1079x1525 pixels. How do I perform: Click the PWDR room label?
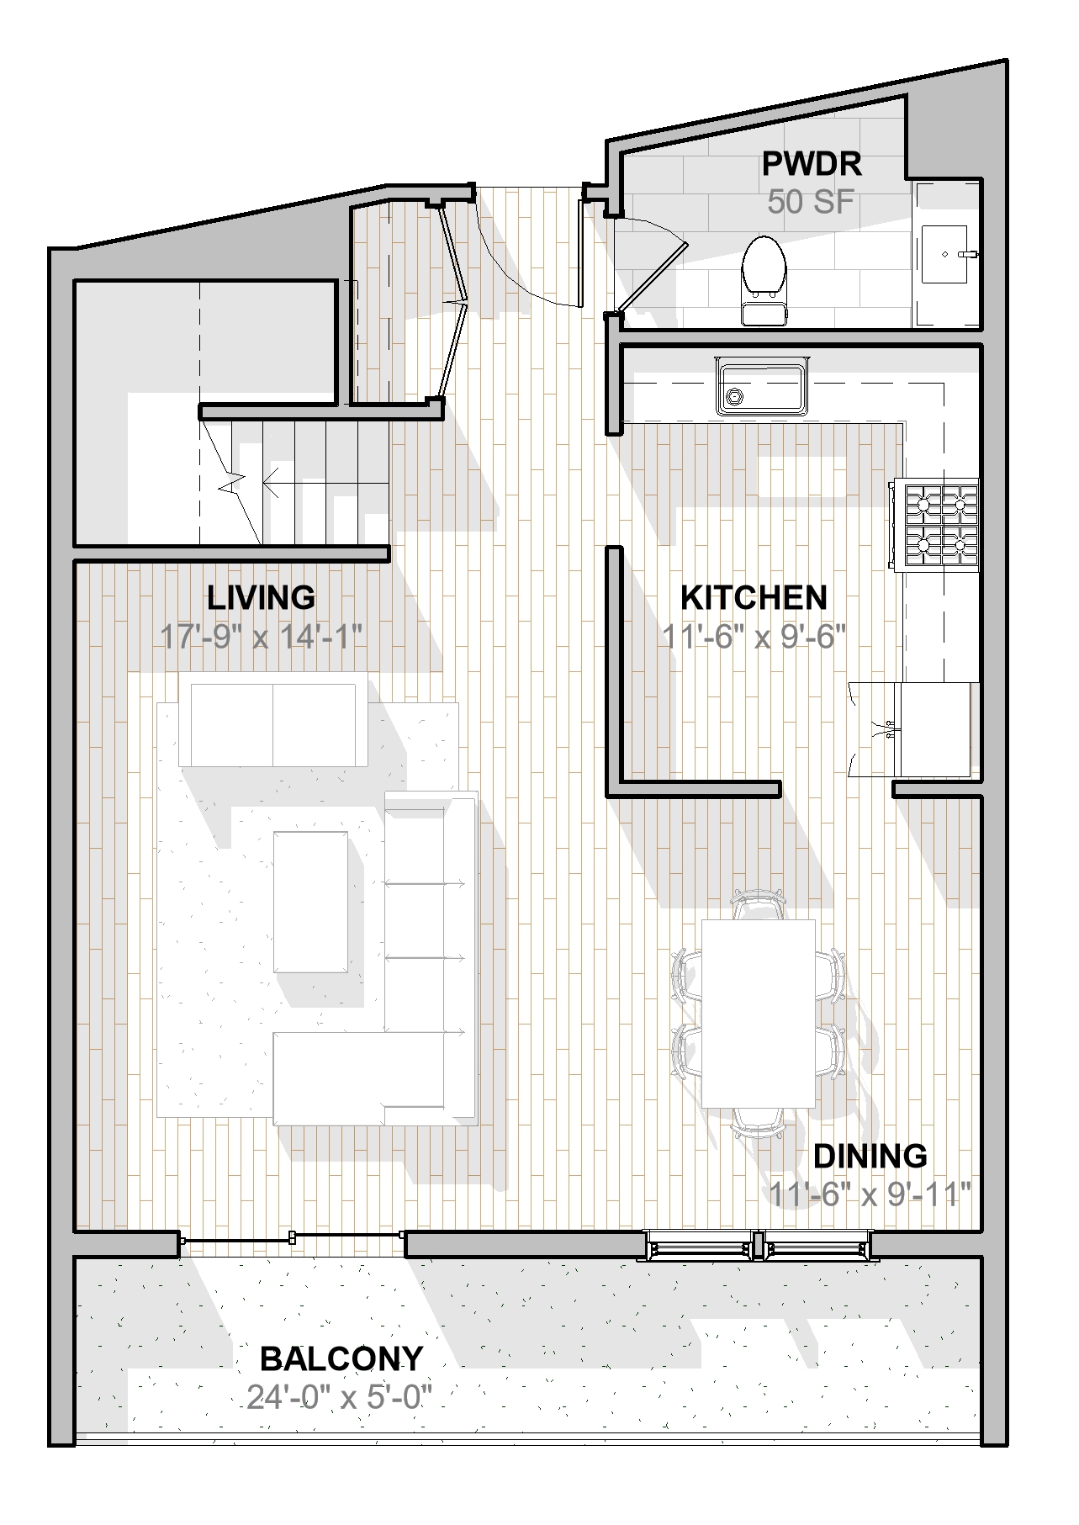click(x=812, y=163)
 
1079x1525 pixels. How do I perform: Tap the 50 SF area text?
click(x=811, y=202)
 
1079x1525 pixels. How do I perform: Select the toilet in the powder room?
click(x=764, y=279)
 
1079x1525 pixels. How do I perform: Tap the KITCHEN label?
click(x=754, y=597)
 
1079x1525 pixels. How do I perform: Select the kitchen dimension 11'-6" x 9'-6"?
click(x=754, y=635)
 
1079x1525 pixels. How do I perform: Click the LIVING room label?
click(x=261, y=597)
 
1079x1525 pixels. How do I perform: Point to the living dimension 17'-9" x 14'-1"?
click(x=261, y=636)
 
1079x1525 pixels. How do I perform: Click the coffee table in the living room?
click(x=311, y=902)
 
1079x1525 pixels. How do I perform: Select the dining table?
click(x=759, y=1013)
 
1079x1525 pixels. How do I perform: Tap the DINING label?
click(x=870, y=1156)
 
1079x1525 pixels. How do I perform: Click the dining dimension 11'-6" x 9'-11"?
click(x=870, y=1194)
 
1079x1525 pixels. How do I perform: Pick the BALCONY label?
click(x=341, y=1358)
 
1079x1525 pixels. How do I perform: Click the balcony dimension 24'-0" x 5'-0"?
click(x=339, y=1397)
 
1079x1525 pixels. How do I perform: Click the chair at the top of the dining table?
click(x=758, y=905)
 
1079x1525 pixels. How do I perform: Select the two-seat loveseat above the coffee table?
click(x=273, y=724)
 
